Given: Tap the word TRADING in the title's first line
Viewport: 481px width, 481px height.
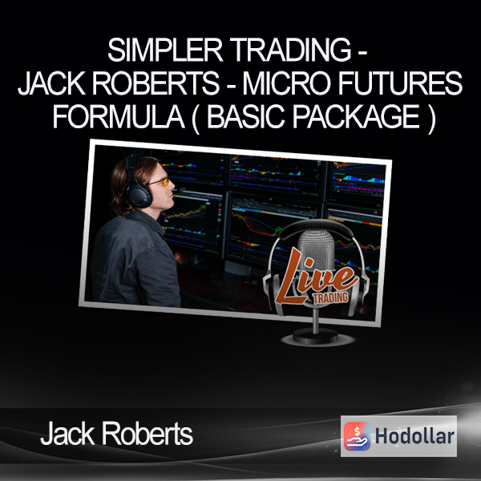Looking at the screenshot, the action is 290,51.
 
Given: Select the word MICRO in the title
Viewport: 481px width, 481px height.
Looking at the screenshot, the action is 286,83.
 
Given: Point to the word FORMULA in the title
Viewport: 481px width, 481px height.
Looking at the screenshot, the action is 119,116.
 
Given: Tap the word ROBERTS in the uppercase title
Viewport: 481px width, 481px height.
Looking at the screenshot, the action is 156,83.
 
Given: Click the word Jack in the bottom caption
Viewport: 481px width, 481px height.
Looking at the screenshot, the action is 67,434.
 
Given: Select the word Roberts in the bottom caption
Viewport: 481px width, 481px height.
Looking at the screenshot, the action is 148,434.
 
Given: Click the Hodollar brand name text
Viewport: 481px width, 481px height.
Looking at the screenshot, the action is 414,436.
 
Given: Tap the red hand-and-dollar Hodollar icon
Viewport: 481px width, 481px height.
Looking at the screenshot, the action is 357,436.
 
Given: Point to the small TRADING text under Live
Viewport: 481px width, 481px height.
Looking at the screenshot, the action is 330,297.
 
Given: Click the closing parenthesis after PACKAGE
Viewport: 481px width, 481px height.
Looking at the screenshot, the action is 431,119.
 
